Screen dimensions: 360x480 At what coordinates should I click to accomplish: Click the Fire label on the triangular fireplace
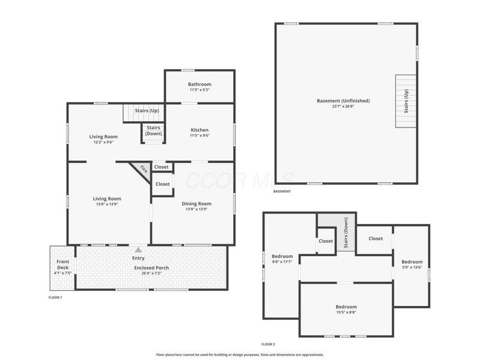coord(143,169)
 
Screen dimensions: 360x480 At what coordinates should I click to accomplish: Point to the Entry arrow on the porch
coord(138,250)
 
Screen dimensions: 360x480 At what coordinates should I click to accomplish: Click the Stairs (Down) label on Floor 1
coord(153,130)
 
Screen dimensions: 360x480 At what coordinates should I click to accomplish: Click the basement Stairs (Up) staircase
coord(406,101)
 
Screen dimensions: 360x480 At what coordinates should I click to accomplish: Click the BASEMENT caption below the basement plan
coord(281,191)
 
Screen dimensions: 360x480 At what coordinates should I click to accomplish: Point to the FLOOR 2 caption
coord(268,344)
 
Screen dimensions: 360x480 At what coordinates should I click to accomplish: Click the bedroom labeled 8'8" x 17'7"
coord(282,259)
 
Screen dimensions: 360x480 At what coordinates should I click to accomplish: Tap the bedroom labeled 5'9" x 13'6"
coord(412,265)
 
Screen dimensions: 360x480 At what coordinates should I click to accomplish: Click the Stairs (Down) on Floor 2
coord(346,233)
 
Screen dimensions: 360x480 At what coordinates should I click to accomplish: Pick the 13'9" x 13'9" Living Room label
coord(107,201)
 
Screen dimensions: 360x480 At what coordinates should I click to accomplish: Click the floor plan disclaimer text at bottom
coord(239,355)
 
